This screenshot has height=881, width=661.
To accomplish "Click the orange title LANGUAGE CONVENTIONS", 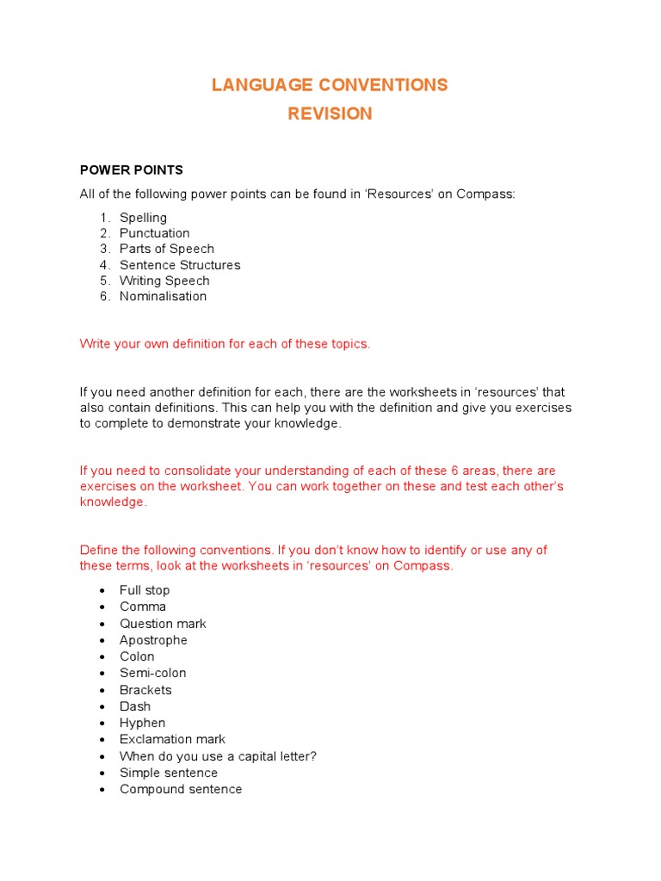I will (x=330, y=84).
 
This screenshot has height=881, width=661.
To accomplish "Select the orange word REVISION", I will (x=330, y=114).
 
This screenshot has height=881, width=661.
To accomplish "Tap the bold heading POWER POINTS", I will (x=131, y=170).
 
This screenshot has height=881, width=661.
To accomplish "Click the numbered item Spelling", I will (x=143, y=218).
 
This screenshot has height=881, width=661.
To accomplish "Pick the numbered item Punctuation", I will (x=155, y=233).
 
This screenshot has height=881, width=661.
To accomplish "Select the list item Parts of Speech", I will (x=167, y=249).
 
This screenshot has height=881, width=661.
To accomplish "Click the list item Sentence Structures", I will (x=180, y=265).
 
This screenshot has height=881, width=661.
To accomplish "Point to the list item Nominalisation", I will (x=163, y=296).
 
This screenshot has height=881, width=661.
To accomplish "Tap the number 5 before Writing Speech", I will (x=103, y=280).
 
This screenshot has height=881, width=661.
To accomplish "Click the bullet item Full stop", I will (x=145, y=590).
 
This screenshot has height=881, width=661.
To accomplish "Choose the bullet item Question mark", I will (x=163, y=624).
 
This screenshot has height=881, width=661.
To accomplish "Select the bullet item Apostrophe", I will (x=153, y=640).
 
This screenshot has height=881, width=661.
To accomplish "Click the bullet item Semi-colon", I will (x=152, y=673).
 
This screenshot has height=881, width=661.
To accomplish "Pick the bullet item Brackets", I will (x=145, y=690).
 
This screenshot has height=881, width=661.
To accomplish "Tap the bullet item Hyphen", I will (x=142, y=723).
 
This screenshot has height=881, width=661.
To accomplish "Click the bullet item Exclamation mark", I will (x=172, y=739).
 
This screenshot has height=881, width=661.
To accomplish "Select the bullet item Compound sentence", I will (x=181, y=789).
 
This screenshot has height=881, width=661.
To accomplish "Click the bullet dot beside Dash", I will (x=102, y=707).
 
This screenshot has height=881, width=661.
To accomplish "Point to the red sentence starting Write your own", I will (x=225, y=343).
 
